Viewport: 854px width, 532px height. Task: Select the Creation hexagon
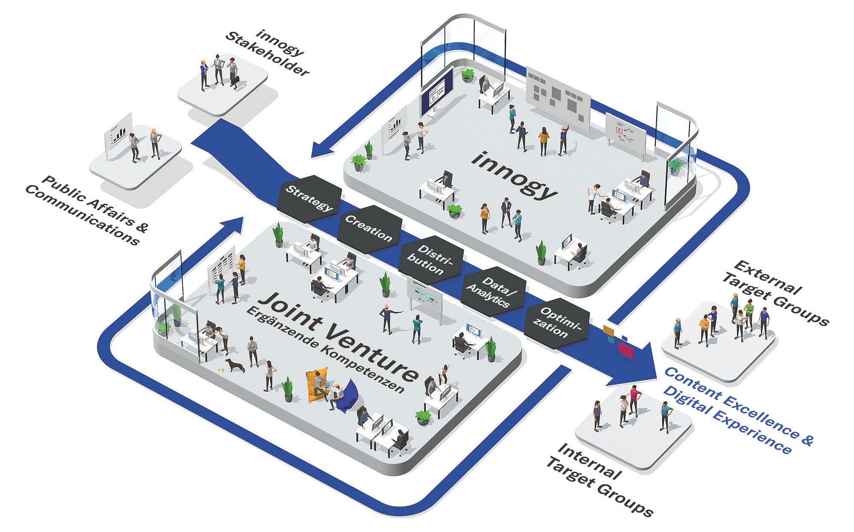[369, 230]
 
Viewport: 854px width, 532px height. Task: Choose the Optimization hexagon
[556, 323]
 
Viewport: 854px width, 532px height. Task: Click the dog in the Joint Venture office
[235, 365]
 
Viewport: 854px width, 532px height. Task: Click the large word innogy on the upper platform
[515, 175]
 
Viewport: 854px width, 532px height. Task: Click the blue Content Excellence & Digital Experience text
[739, 410]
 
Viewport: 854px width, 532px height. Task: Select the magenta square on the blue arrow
[626, 349]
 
